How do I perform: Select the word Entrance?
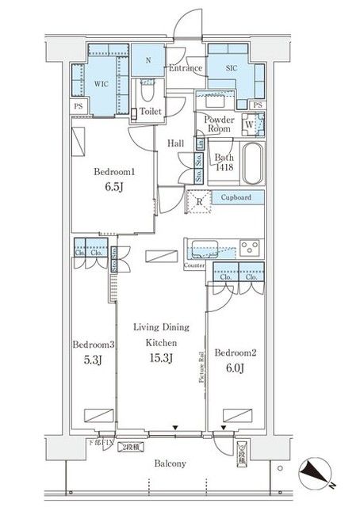[x=186, y=69]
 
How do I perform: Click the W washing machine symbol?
[x=250, y=124]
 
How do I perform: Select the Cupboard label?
[x=236, y=196]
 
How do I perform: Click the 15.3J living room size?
[x=159, y=358]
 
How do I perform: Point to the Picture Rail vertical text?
[x=203, y=367]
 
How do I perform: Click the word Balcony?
[x=170, y=464]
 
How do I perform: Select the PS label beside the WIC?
[x=78, y=105]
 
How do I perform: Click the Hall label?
[x=176, y=143]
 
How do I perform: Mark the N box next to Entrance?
[x=148, y=59]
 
